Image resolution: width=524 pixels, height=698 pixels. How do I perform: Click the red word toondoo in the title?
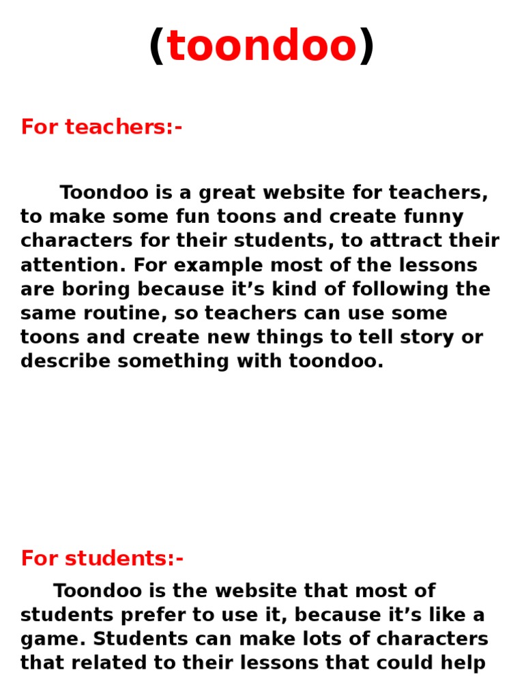[x=262, y=46]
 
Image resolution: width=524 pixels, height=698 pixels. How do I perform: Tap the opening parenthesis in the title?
[x=157, y=46]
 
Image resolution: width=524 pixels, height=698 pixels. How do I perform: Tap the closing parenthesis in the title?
[x=367, y=46]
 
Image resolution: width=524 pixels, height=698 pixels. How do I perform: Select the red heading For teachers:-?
[x=102, y=127]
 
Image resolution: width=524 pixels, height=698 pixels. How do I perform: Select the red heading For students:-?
[x=102, y=558]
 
